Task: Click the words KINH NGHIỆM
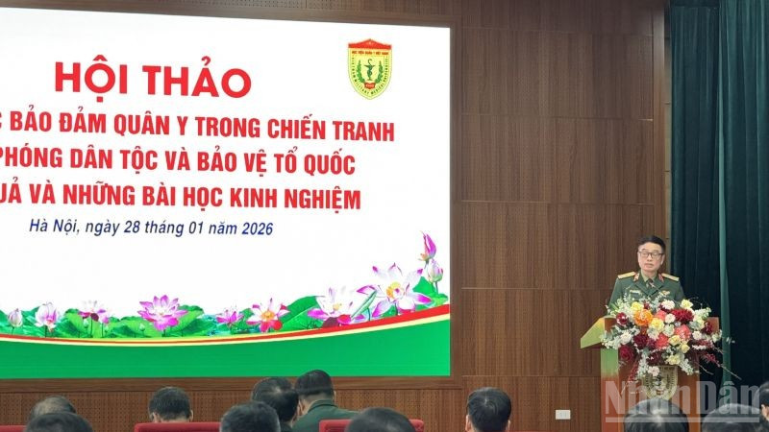click(299, 198)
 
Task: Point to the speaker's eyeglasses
click(648, 251)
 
